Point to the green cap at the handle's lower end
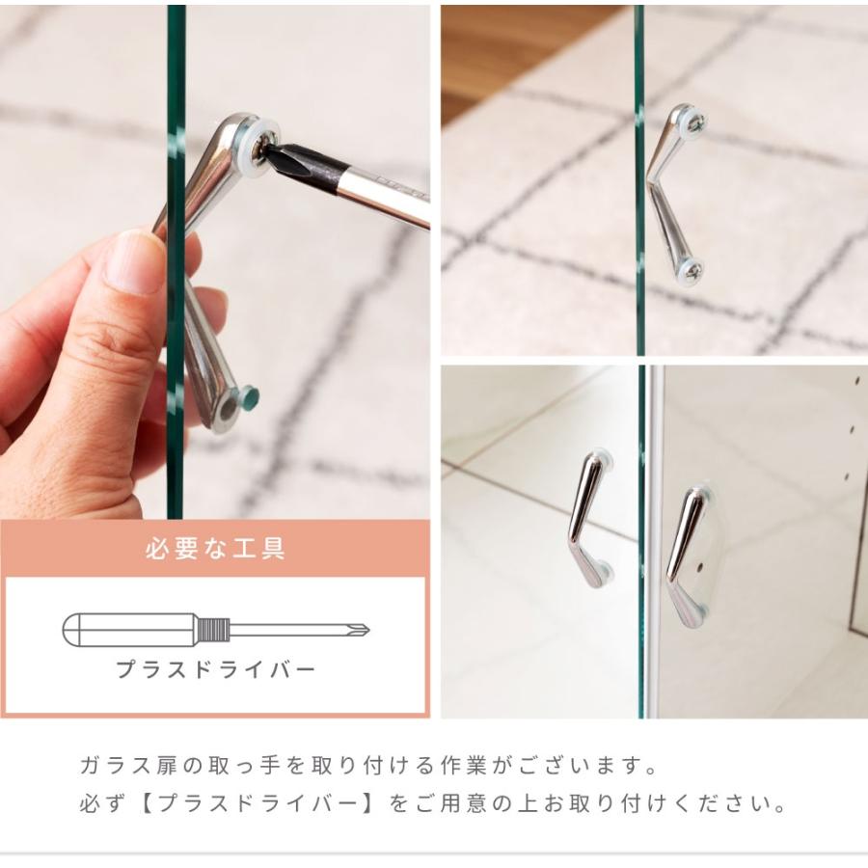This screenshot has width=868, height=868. (249, 397)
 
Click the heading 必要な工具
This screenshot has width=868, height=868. (215, 551)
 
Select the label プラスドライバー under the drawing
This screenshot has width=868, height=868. (215, 669)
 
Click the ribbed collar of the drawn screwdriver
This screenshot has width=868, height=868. (213, 631)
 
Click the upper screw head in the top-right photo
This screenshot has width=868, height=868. (693, 122)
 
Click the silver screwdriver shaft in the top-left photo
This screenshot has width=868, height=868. (386, 197)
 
